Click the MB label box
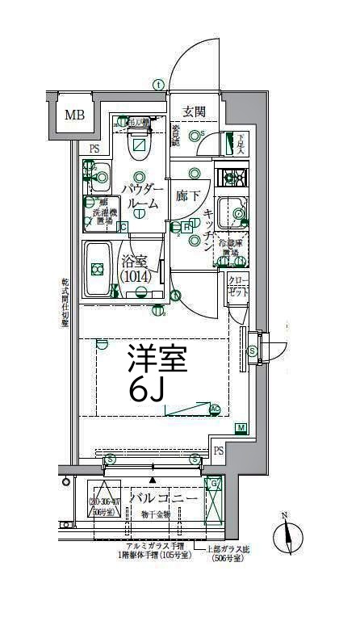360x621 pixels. point(74,115)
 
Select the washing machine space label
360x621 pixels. point(99,212)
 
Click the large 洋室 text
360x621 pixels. point(157,359)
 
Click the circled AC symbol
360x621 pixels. point(215,409)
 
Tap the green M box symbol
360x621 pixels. point(241,427)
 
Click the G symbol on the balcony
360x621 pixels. point(214,485)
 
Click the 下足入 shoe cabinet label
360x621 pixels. point(240,144)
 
